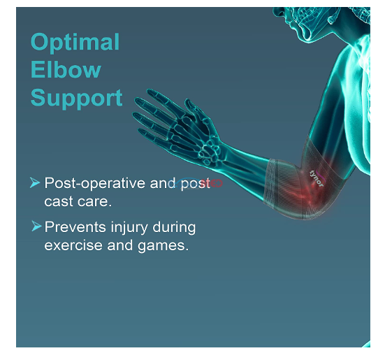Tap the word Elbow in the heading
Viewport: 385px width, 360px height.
[x=66, y=69]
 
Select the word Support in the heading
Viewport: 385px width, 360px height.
[x=76, y=99]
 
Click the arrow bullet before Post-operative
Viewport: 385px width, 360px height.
[x=35, y=182]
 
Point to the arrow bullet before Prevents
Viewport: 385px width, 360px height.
[x=36, y=226]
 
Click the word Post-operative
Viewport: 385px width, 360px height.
[x=94, y=183]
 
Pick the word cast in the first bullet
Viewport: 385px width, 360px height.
[x=59, y=201]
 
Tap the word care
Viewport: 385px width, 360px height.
[x=94, y=202]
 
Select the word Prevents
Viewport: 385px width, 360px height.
[x=75, y=226]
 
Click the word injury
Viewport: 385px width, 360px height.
[x=129, y=228]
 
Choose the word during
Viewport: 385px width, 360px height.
[x=174, y=227]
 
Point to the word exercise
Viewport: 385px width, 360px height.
[x=73, y=245]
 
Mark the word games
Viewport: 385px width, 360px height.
[x=163, y=246]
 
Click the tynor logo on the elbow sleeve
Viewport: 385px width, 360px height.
[x=317, y=178]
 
